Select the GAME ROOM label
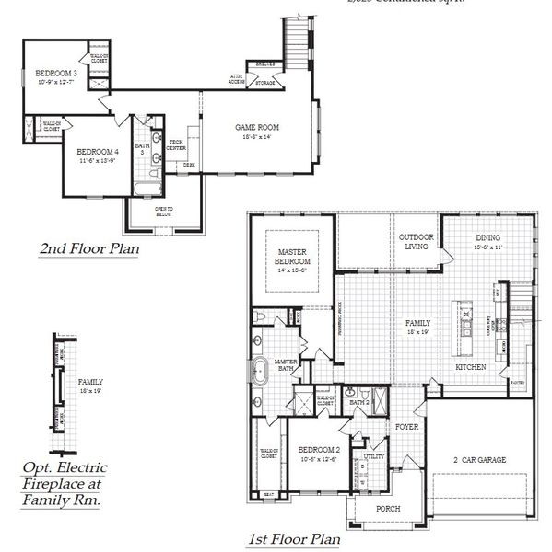pyautogui.click(x=257, y=127)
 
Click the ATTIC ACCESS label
pyautogui.click(x=236, y=80)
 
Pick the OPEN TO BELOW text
pyautogui.click(x=164, y=212)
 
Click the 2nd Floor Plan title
pyautogui.click(x=88, y=249)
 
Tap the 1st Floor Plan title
pyautogui.click(x=292, y=539)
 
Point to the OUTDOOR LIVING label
pyautogui.click(x=416, y=241)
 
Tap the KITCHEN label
pyautogui.click(x=471, y=367)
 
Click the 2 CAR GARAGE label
pyautogui.click(x=478, y=460)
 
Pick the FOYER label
pyautogui.click(x=407, y=427)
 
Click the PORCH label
pyautogui.click(x=387, y=508)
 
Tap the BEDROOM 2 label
pyautogui.click(x=317, y=454)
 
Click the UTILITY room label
pyautogui.click(x=373, y=455)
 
